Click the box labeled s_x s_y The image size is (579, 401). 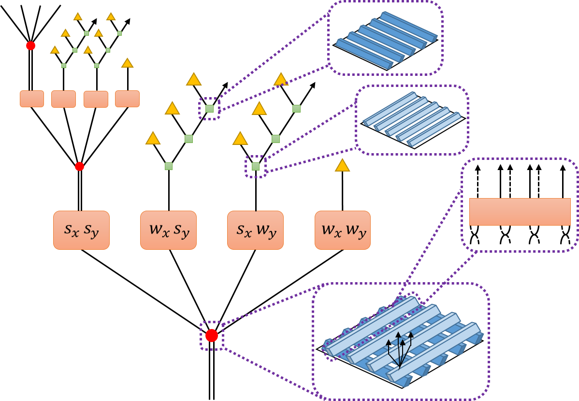tap(81, 230)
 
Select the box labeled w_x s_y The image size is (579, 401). tap(168, 230)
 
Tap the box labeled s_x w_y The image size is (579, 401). tap(255, 230)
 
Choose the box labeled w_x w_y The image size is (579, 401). tap(343, 230)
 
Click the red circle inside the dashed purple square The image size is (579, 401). tap(212, 335)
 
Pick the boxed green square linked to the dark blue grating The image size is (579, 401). tap(209, 109)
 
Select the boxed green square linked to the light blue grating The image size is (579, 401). tap(256, 167)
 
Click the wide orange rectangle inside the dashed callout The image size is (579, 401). tap(520, 212)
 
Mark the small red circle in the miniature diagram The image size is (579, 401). tap(30, 45)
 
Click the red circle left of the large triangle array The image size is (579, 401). tap(80, 167)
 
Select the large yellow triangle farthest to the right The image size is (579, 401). tap(342, 166)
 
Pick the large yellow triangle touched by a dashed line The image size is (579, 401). tap(281, 80)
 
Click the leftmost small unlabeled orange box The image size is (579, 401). tap(32, 99)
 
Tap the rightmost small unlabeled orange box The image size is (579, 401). tap(127, 99)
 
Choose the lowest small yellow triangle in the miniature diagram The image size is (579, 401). tap(127, 63)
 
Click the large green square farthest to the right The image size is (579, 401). tap(296, 109)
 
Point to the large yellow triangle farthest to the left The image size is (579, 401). tap(153, 139)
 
